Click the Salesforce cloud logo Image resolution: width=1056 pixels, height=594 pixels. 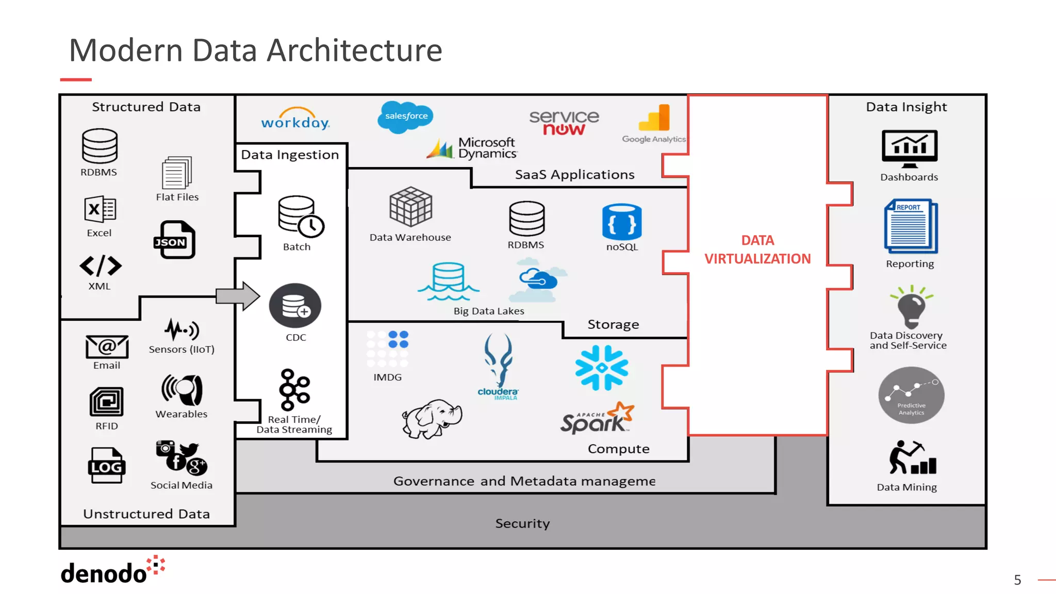406,117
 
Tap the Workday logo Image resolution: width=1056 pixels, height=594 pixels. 295,120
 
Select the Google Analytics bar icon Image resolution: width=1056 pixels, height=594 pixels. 655,118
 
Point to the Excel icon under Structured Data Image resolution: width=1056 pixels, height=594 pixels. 100,209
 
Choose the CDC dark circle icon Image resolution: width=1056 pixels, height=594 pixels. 295,306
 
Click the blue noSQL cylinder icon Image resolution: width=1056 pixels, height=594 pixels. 622,222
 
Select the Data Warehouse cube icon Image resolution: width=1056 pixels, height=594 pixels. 410,207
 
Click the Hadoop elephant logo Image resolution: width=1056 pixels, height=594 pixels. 432,418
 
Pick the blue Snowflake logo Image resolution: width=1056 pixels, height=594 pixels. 602,368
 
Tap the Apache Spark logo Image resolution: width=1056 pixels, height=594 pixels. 597,418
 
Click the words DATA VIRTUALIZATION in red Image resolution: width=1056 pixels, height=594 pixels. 757,250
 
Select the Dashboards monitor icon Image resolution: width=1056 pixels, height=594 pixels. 909,148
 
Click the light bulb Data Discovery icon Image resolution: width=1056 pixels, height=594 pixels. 911,307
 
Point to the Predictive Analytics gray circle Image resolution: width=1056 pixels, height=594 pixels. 911,395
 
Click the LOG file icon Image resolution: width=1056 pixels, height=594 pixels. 107,466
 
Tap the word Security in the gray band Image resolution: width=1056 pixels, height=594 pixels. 522,523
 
